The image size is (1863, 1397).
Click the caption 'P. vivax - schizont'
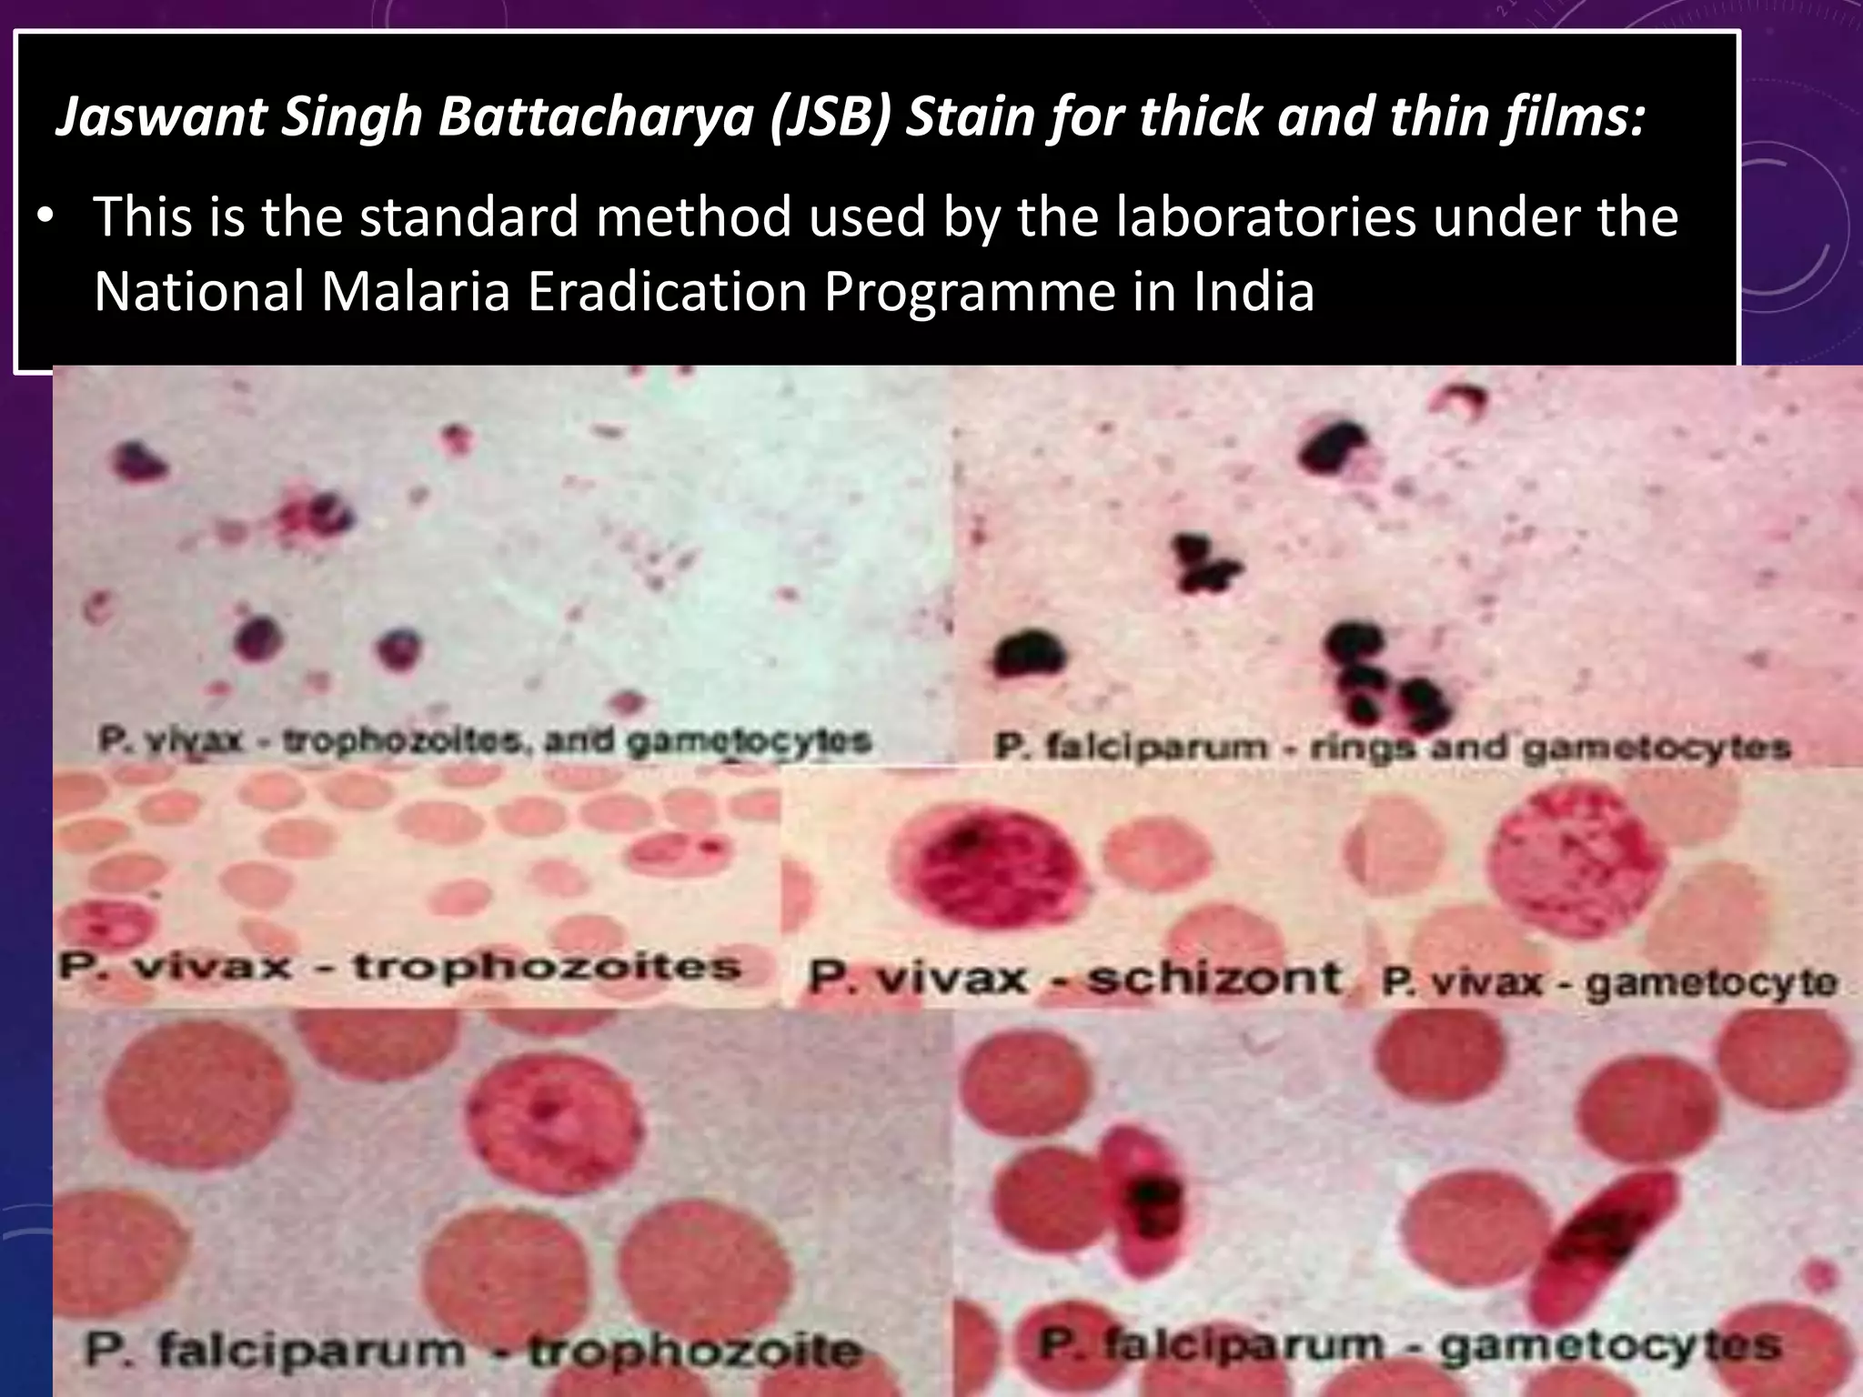[x=1074, y=979]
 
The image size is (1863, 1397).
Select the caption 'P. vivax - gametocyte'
[x=1608, y=982]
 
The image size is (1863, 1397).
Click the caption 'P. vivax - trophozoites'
[x=400, y=966]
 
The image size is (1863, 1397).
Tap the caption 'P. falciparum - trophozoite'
[x=473, y=1350]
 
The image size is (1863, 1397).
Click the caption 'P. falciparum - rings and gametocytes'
[x=1392, y=748]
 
